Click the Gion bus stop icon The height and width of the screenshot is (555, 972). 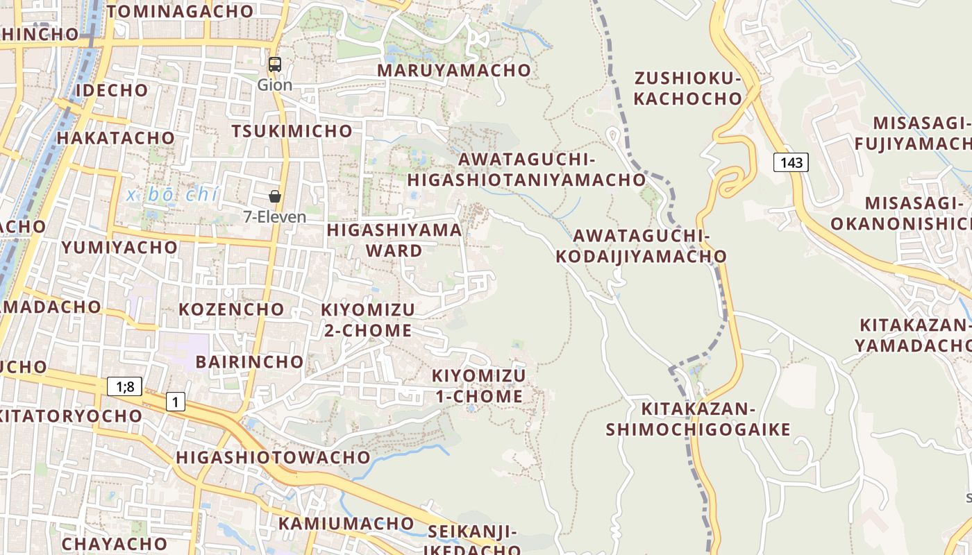pyautogui.click(x=275, y=65)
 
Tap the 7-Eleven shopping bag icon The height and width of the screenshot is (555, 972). pyautogui.click(x=275, y=196)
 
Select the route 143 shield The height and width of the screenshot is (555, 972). pyautogui.click(x=791, y=162)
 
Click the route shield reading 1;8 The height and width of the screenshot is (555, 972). pyautogui.click(x=124, y=386)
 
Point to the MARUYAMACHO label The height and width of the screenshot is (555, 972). pyautogui.click(x=454, y=70)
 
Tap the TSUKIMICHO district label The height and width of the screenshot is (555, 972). pyautogui.click(x=292, y=131)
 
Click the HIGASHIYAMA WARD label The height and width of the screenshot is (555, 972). pyautogui.click(x=394, y=240)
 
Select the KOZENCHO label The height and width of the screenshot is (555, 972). pyautogui.click(x=232, y=309)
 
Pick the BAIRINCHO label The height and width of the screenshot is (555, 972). pyautogui.click(x=250, y=361)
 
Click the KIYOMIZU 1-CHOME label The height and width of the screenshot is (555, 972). pyautogui.click(x=479, y=386)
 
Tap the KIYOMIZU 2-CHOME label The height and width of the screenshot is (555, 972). pyautogui.click(x=368, y=320)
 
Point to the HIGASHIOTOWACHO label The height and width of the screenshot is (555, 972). pyautogui.click(x=273, y=457)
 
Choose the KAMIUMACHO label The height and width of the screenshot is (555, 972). pyautogui.click(x=346, y=523)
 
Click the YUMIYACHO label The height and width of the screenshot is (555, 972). pyautogui.click(x=119, y=248)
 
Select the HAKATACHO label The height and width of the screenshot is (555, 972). pyautogui.click(x=116, y=137)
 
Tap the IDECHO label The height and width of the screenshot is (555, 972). pyautogui.click(x=112, y=90)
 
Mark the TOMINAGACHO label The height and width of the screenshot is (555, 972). pyautogui.click(x=180, y=11)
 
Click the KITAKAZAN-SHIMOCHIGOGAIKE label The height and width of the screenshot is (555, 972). pyautogui.click(x=698, y=419)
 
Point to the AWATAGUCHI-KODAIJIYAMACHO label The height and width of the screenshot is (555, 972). pyautogui.click(x=641, y=246)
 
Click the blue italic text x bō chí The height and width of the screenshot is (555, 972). pyautogui.click(x=173, y=195)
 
